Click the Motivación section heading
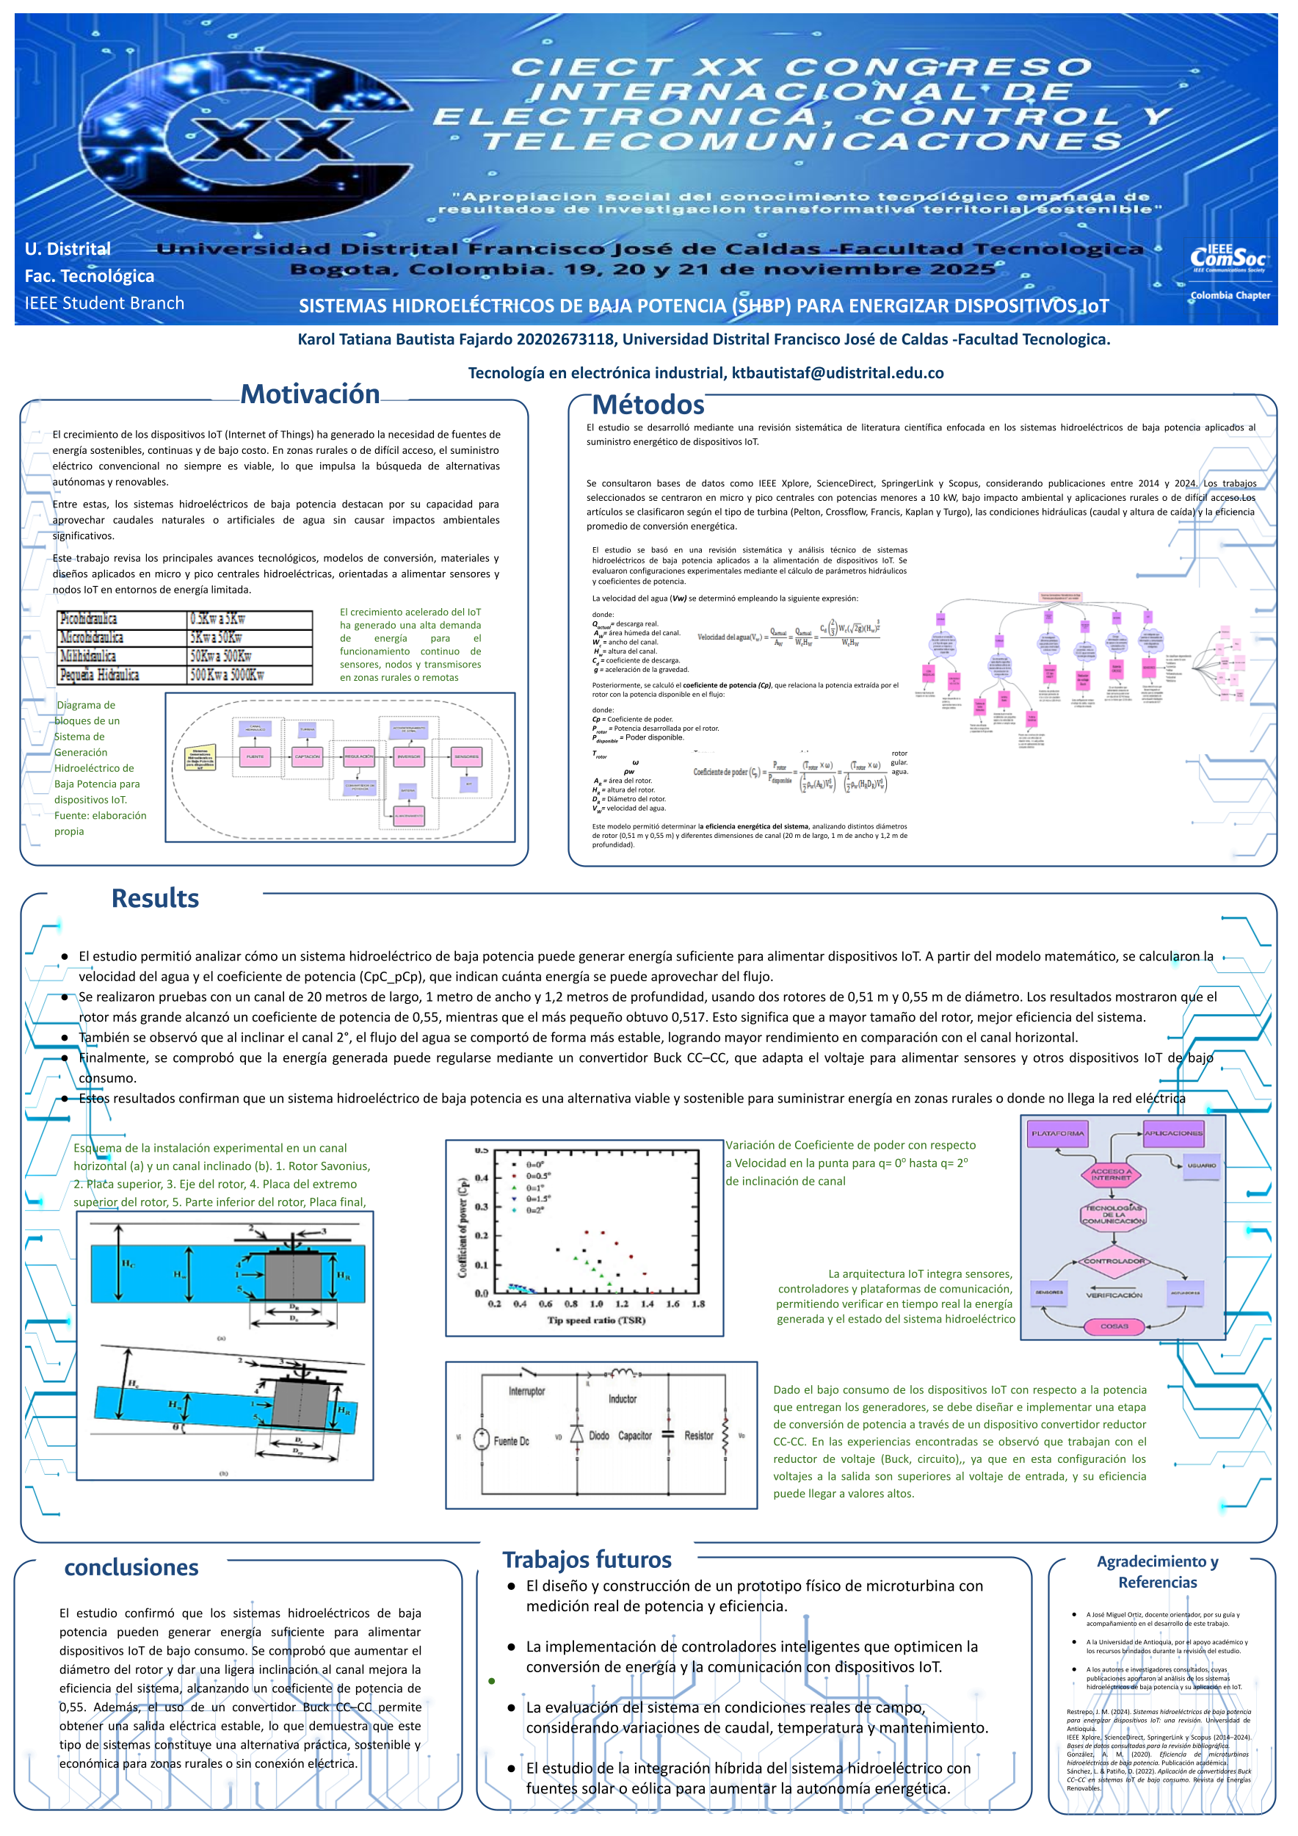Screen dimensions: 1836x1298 (x=310, y=394)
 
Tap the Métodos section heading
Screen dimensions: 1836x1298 (x=648, y=405)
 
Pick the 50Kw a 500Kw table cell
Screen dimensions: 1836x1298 (x=250, y=657)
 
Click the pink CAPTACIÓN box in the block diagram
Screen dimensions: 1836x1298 (x=307, y=756)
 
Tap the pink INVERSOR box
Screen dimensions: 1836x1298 (x=408, y=756)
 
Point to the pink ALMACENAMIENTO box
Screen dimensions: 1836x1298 (x=408, y=816)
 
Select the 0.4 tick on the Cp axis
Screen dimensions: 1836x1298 (x=481, y=1177)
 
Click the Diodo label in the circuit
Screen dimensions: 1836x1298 (x=598, y=1435)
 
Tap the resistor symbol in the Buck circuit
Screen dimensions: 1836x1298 (x=725, y=1436)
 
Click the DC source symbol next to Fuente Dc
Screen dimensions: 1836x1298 (x=481, y=1439)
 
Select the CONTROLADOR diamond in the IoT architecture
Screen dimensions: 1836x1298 (x=1114, y=1262)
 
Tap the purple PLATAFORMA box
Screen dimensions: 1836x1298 (x=1056, y=1134)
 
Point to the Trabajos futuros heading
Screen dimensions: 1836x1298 (x=587, y=1560)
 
